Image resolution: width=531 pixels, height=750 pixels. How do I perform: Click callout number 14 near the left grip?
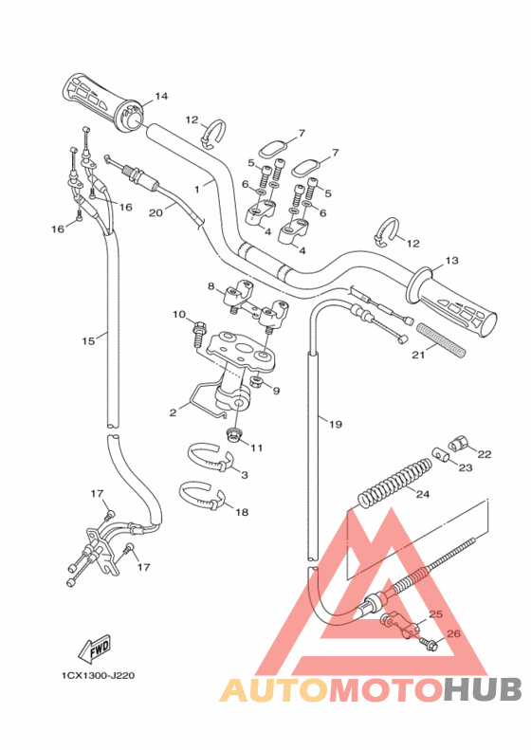(161, 96)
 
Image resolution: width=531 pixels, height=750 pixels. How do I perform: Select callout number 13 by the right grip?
(451, 260)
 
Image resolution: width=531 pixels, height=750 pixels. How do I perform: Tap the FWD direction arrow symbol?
(96, 649)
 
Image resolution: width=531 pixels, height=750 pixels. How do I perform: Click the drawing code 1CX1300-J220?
(99, 676)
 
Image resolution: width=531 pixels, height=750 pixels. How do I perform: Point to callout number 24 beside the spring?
(423, 494)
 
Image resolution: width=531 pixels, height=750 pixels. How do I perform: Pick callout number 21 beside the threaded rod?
(418, 357)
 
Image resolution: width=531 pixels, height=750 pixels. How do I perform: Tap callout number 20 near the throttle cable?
(156, 213)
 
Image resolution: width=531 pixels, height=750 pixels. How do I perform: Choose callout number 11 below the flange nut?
(256, 448)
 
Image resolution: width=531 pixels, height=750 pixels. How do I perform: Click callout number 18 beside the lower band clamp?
(242, 512)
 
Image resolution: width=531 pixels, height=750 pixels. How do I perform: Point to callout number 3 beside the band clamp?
(244, 474)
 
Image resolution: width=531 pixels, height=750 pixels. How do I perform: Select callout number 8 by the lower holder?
(211, 285)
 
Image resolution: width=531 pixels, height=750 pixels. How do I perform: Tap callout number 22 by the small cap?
(485, 454)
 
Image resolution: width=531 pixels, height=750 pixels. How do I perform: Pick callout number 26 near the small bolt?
(452, 634)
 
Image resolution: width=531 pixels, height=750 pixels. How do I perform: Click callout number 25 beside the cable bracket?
(435, 614)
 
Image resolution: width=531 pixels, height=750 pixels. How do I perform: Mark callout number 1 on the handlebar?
(196, 190)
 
